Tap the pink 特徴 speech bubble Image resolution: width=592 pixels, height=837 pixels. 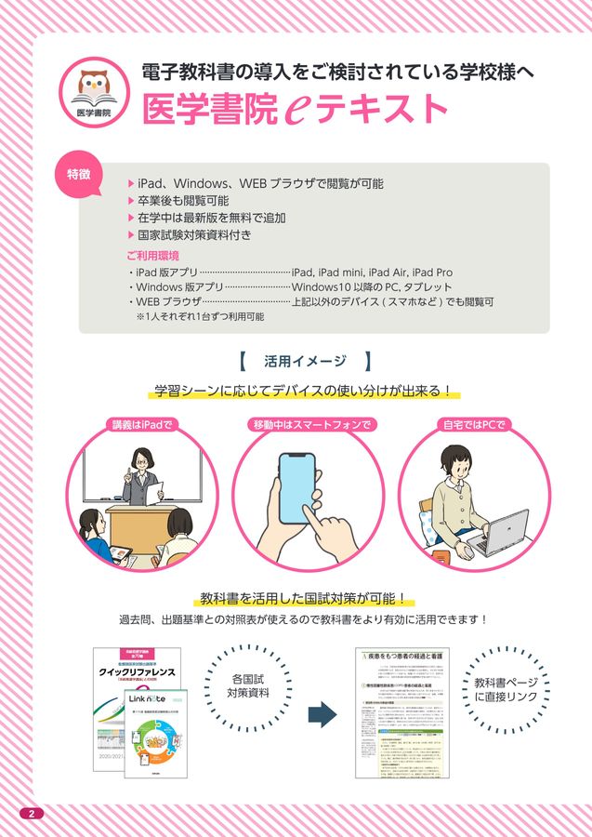tap(79, 174)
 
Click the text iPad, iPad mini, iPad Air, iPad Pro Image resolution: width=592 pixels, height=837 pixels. tap(372, 272)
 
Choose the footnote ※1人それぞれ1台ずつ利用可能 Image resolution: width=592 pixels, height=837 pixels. tap(200, 316)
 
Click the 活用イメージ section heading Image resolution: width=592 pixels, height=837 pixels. tap(305, 361)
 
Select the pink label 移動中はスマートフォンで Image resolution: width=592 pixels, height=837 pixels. tap(312, 425)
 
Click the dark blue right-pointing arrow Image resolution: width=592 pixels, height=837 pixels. tap(321, 713)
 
